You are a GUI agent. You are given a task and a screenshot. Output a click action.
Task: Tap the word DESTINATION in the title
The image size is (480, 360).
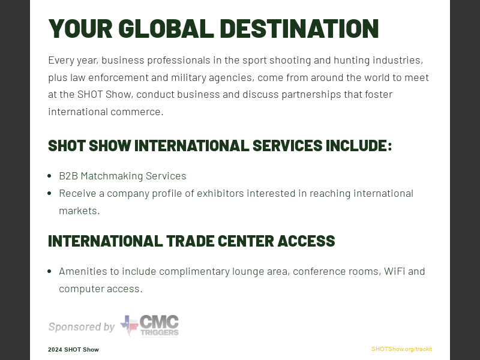[299, 28]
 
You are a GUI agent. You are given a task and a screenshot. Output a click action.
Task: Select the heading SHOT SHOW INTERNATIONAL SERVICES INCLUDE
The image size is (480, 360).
[220, 146]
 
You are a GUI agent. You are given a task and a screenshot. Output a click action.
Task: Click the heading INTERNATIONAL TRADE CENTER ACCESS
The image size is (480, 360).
[191, 241]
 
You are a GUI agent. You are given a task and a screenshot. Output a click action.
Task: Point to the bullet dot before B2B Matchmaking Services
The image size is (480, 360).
[49, 176]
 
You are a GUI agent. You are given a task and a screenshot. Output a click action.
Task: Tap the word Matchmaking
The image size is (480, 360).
[110, 176]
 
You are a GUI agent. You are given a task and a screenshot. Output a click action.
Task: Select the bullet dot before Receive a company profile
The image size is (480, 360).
[49, 194]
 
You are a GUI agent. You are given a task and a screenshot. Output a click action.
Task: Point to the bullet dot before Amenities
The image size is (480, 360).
[49, 271]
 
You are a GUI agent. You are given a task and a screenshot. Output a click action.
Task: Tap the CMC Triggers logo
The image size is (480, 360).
[150, 326]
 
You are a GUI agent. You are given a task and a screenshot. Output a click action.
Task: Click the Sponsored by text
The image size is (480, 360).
[81, 327]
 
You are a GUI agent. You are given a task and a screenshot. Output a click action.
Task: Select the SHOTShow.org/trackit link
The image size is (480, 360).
[401, 349]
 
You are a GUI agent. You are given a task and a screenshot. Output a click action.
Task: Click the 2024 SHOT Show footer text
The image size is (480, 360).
[73, 349]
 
